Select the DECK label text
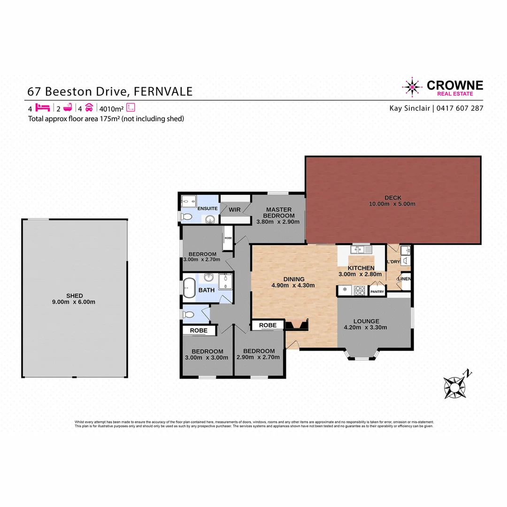click(392, 198)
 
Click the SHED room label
click(74, 295)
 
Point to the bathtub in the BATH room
click(189, 287)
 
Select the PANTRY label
click(377, 292)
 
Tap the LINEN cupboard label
click(404, 279)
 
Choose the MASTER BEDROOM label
click(279, 213)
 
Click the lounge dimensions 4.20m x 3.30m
click(366, 328)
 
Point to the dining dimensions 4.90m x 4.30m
click(293, 285)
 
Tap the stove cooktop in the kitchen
click(360, 290)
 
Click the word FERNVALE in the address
click(163, 91)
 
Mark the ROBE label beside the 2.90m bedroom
click(268, 325)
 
